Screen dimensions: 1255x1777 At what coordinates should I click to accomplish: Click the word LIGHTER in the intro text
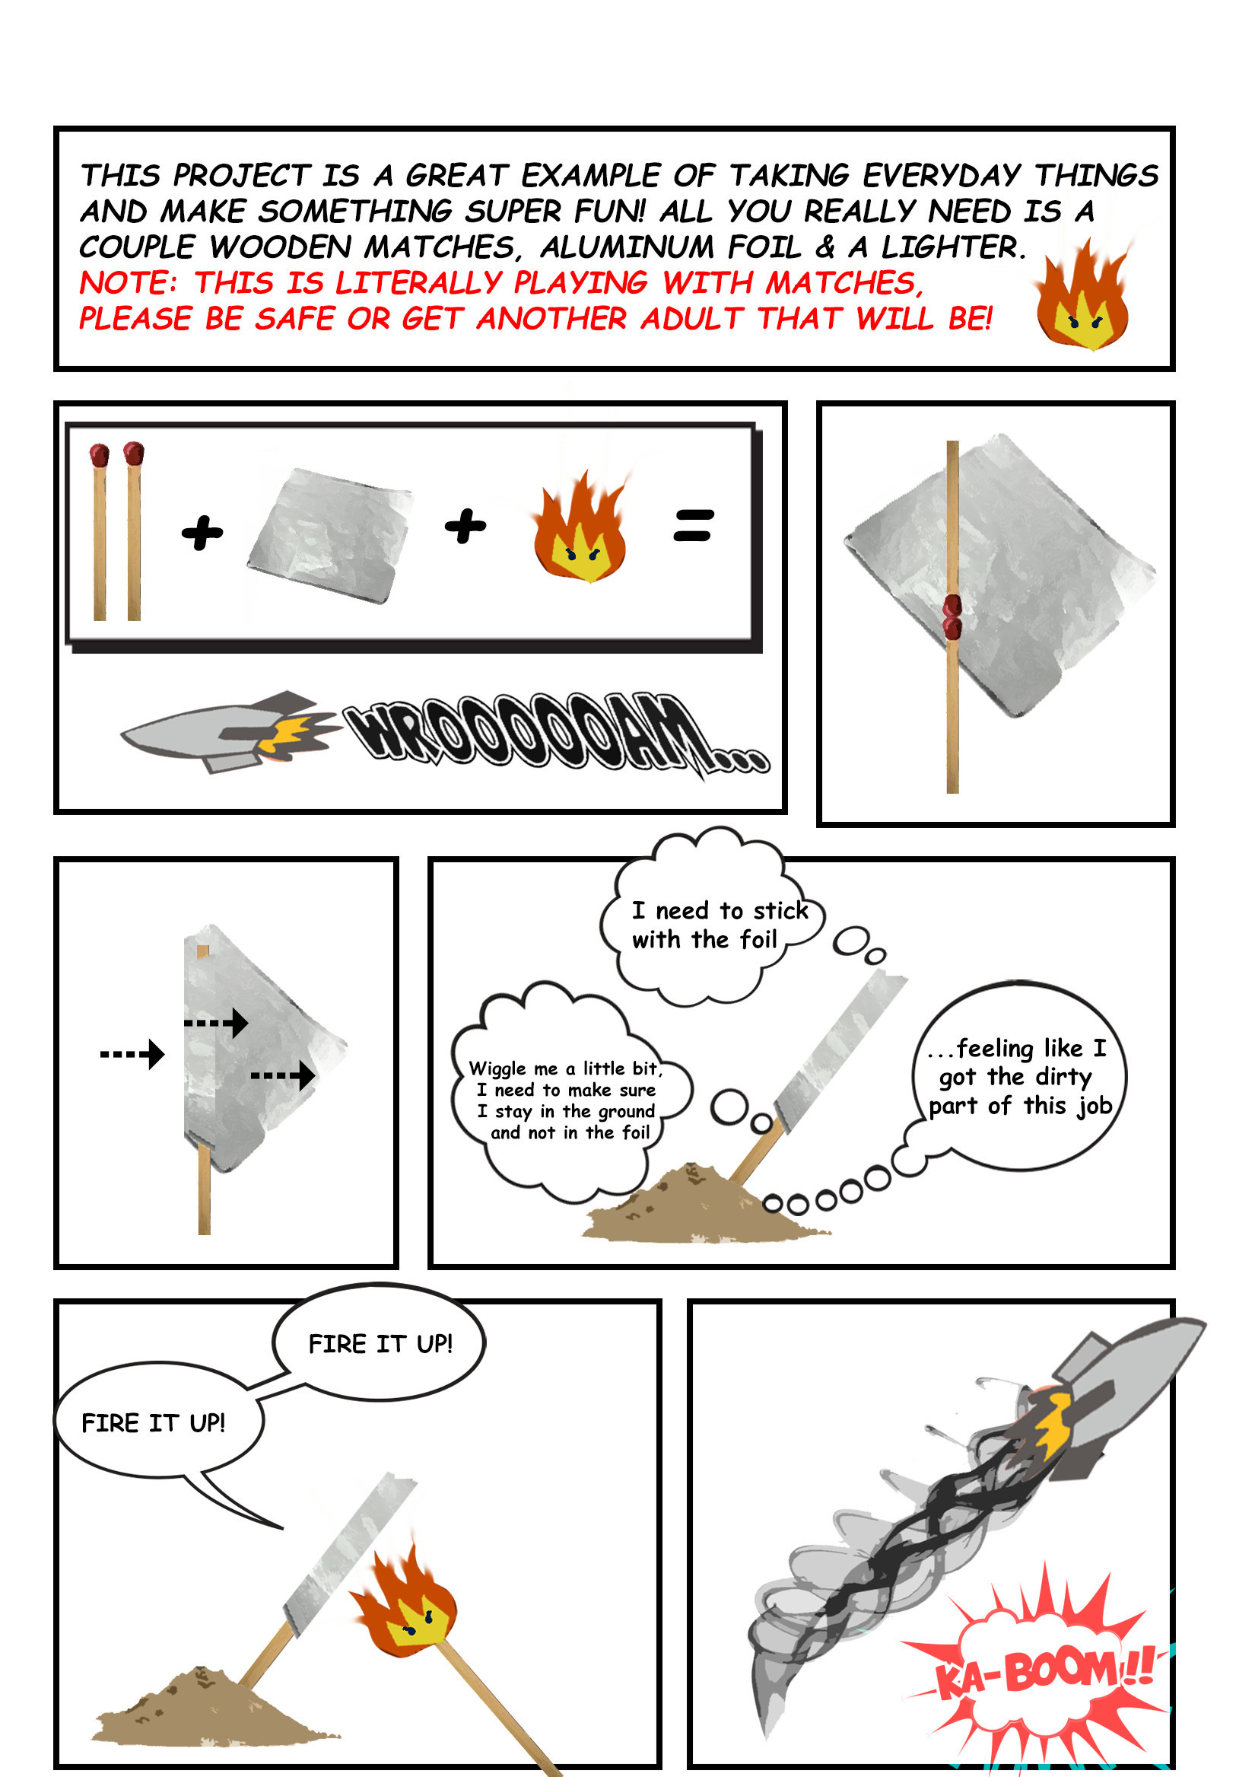(952, 247)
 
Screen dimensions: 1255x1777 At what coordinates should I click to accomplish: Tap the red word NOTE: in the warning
(129, 282)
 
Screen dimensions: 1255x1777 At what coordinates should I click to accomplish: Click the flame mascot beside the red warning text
(1082, 293)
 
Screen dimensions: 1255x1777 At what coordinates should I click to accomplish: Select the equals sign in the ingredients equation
(692, 525)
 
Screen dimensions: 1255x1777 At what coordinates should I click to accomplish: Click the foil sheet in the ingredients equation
(329, 534)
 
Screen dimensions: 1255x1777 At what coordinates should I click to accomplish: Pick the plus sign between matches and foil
(202, 533)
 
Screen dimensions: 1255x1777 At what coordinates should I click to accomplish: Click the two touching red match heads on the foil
(952, 617)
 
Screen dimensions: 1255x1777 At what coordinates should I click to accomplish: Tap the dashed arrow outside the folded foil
(132, 1053)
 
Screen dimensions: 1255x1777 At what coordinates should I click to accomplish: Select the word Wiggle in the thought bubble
(497, 1068)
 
